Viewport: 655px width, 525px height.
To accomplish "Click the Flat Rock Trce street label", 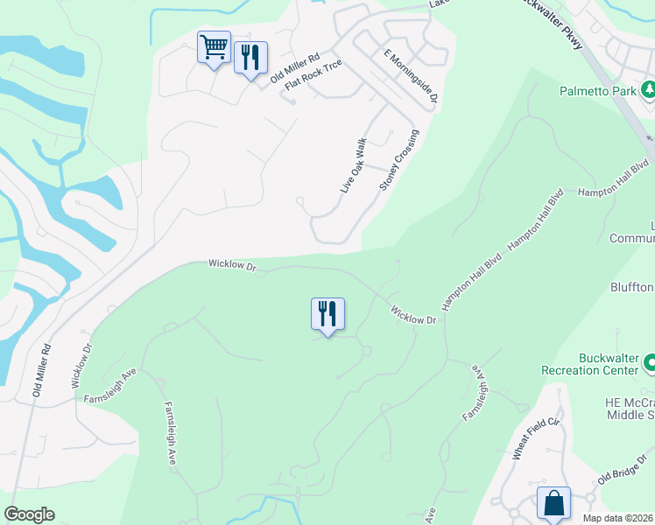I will [312, 79].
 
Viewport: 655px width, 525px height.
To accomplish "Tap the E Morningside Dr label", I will [410, 78].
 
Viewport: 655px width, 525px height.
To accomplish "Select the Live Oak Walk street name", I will [353, 165].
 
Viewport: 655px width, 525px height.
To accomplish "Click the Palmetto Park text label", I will [598, 90].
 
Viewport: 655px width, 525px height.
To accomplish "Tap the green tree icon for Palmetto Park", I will [648, 89].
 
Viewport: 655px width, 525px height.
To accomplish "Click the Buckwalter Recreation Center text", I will [609, 364].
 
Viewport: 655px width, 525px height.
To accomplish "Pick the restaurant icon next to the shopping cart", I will [251, 58].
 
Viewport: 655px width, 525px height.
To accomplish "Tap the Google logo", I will [30, 514].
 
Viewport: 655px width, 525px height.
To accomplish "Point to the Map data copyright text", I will [618, 518].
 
